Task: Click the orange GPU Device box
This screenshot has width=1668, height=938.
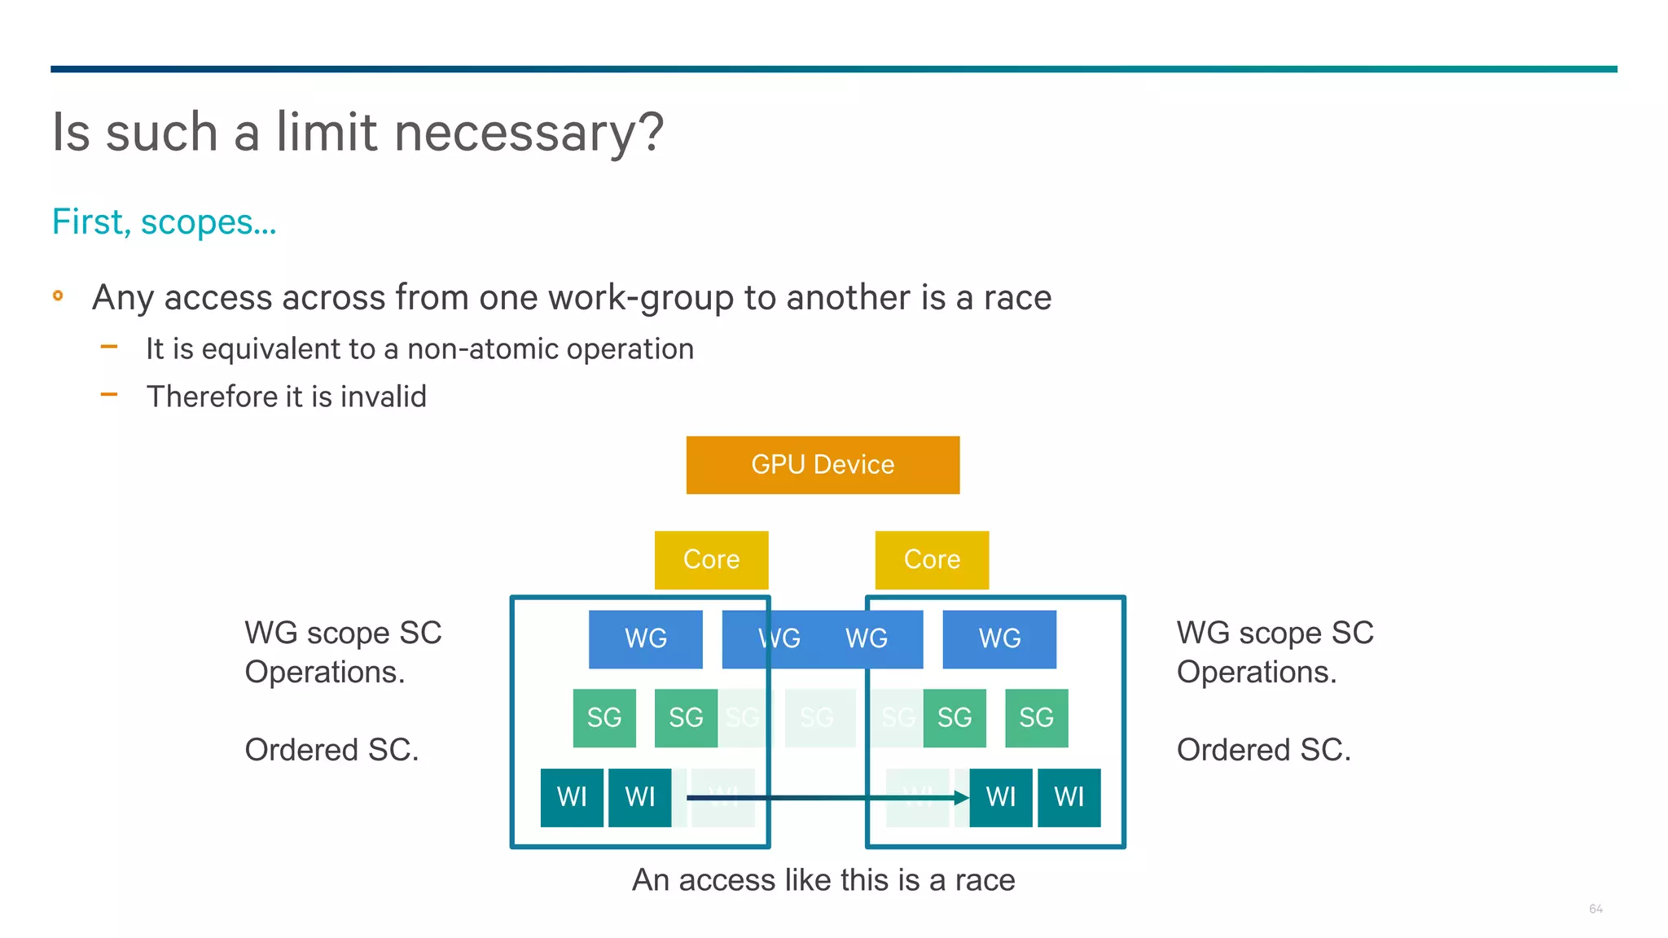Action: point(823,465)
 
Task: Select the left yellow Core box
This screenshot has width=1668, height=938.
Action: point(711,560)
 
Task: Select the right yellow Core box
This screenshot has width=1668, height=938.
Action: point(932,560)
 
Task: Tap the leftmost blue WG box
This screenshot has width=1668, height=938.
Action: point(645,639)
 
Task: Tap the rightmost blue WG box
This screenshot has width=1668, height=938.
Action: point(999,639)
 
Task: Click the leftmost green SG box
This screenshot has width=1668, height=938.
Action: point(604,718)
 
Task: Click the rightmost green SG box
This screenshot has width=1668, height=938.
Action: point(1036,718)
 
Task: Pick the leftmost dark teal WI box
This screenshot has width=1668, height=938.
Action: point(572,797)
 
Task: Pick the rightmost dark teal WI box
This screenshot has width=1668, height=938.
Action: point(1069,797)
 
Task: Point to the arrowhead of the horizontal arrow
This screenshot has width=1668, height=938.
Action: point(963,798)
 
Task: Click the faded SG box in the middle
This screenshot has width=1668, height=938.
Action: point(819,718)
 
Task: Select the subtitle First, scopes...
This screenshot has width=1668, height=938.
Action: point(164,222)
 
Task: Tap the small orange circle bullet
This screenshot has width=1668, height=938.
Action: point(58,296)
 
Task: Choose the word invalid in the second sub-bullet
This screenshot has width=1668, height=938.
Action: point(383,397)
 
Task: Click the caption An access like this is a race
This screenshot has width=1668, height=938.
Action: point(823,880)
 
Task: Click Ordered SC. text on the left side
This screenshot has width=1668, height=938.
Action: point(331,750)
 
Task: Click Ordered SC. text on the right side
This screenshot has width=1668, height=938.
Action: point(1263,750)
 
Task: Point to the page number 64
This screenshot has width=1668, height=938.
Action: point(1596,909)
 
